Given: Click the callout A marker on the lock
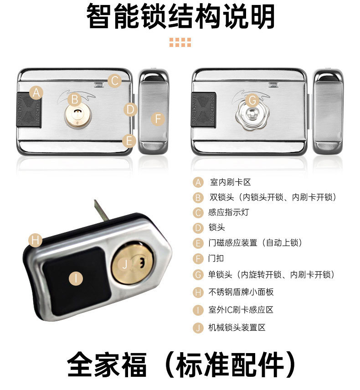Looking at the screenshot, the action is [x=36, y=93].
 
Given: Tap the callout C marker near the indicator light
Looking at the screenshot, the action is [x=114, y=81].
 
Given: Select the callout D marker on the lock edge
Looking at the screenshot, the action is [x=130, y=110].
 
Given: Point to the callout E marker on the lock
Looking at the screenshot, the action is [x=129, y=141].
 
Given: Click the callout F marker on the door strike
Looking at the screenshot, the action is [x=158, y=119].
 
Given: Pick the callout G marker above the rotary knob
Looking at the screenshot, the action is [x=252, y=101].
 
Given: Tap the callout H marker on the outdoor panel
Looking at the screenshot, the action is [x=35, y=240].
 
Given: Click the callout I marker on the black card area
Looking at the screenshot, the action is [x=76, y=278].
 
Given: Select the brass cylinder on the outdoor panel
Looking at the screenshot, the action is [x=132, y=262].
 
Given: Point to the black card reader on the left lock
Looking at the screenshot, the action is [x=29, y=110].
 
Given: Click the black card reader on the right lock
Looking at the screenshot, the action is [x=204, y=110].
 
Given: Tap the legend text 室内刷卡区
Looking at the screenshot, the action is [x=231, y=182].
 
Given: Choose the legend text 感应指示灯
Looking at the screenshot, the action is [x=229, y=212].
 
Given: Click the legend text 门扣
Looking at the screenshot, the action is [x=216, y=258].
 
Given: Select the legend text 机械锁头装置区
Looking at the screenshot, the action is [x=237, y=327].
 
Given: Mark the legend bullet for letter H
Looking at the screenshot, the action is [x=198, y=292].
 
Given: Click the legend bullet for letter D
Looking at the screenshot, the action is [x=198, y=228].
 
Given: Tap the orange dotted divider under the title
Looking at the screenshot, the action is [x=180, y=42].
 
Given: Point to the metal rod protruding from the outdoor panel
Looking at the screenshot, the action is [x=101, y=210].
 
